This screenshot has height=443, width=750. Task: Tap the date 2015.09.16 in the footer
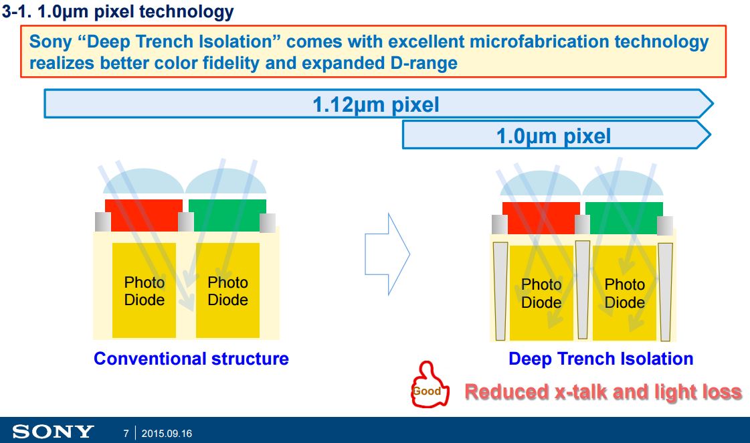point(167,434)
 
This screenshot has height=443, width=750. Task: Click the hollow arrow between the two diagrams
point(387,254)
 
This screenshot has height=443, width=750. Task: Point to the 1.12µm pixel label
point(375,105)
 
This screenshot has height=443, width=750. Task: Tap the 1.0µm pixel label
point(553,137)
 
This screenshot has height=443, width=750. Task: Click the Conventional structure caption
point(191,359)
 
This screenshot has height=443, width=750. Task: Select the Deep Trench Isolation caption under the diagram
point(601,359)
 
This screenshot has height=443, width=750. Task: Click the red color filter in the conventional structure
point(143,215)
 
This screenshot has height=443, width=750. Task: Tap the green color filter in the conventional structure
point(227,215)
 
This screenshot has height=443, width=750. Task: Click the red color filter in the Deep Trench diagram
point(541,217)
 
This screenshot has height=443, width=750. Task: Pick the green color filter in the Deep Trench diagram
point(624,217)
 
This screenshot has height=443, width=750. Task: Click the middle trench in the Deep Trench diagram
point(582,289)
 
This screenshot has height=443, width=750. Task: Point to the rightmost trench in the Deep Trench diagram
point(665,290)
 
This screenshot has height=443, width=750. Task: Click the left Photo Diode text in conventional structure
point(144,291)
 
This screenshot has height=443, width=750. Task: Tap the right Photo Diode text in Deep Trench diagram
point(624,293)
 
